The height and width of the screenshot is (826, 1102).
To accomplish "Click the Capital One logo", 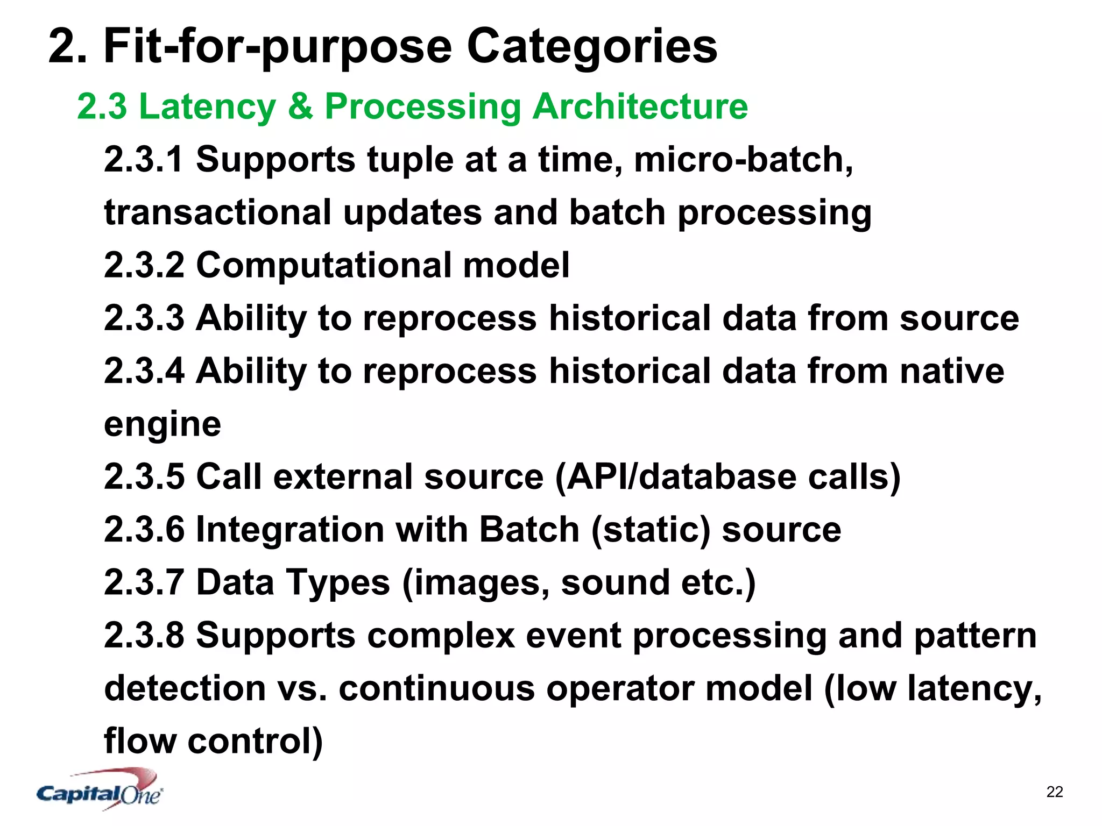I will click(100, 789).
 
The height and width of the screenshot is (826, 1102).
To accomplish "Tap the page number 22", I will click(1055, 792).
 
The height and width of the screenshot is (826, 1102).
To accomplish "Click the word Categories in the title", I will click(591, 47).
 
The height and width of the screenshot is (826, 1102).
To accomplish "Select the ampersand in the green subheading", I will click(300, 106).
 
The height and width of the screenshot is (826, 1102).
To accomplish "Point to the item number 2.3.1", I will click(144, 159).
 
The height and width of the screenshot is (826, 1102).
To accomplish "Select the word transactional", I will click(217, 212).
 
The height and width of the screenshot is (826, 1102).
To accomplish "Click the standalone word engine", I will click(162, 424).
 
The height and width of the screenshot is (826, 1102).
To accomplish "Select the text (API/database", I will click(675, 476).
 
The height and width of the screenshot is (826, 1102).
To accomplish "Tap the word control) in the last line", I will click(255, 741).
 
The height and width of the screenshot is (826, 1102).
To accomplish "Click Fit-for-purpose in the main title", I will click(277, 47).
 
